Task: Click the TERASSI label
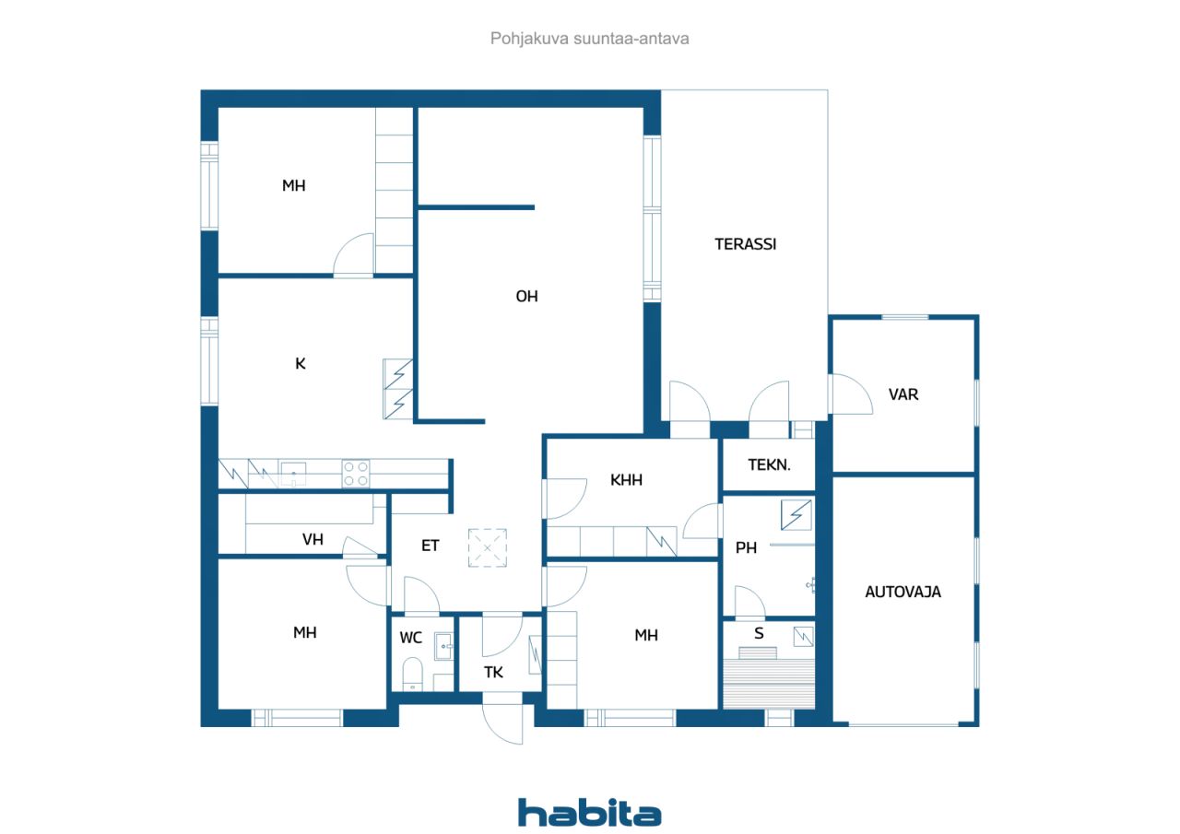click(746, 244)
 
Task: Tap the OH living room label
click(526, 297)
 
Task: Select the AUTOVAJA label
click(903, 592)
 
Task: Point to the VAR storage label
click(903, 394)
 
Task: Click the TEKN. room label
click(769, 464)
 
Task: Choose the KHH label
click(626, 479)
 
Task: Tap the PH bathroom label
click(746, 547)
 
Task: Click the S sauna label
click(759, 633)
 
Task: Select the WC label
click(411, 638)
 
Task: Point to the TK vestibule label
click(493, 673)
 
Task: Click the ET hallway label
click(430, 546)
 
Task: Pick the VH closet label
click(313, 539)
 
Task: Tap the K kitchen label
click(301, 363)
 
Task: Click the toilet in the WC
click(412, 674)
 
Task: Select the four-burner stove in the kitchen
click(356, 474)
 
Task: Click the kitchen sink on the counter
click(293, 474)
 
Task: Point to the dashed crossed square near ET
click(488, 548)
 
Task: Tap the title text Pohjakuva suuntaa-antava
click(589, 39)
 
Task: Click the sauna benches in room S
click(769, 684)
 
